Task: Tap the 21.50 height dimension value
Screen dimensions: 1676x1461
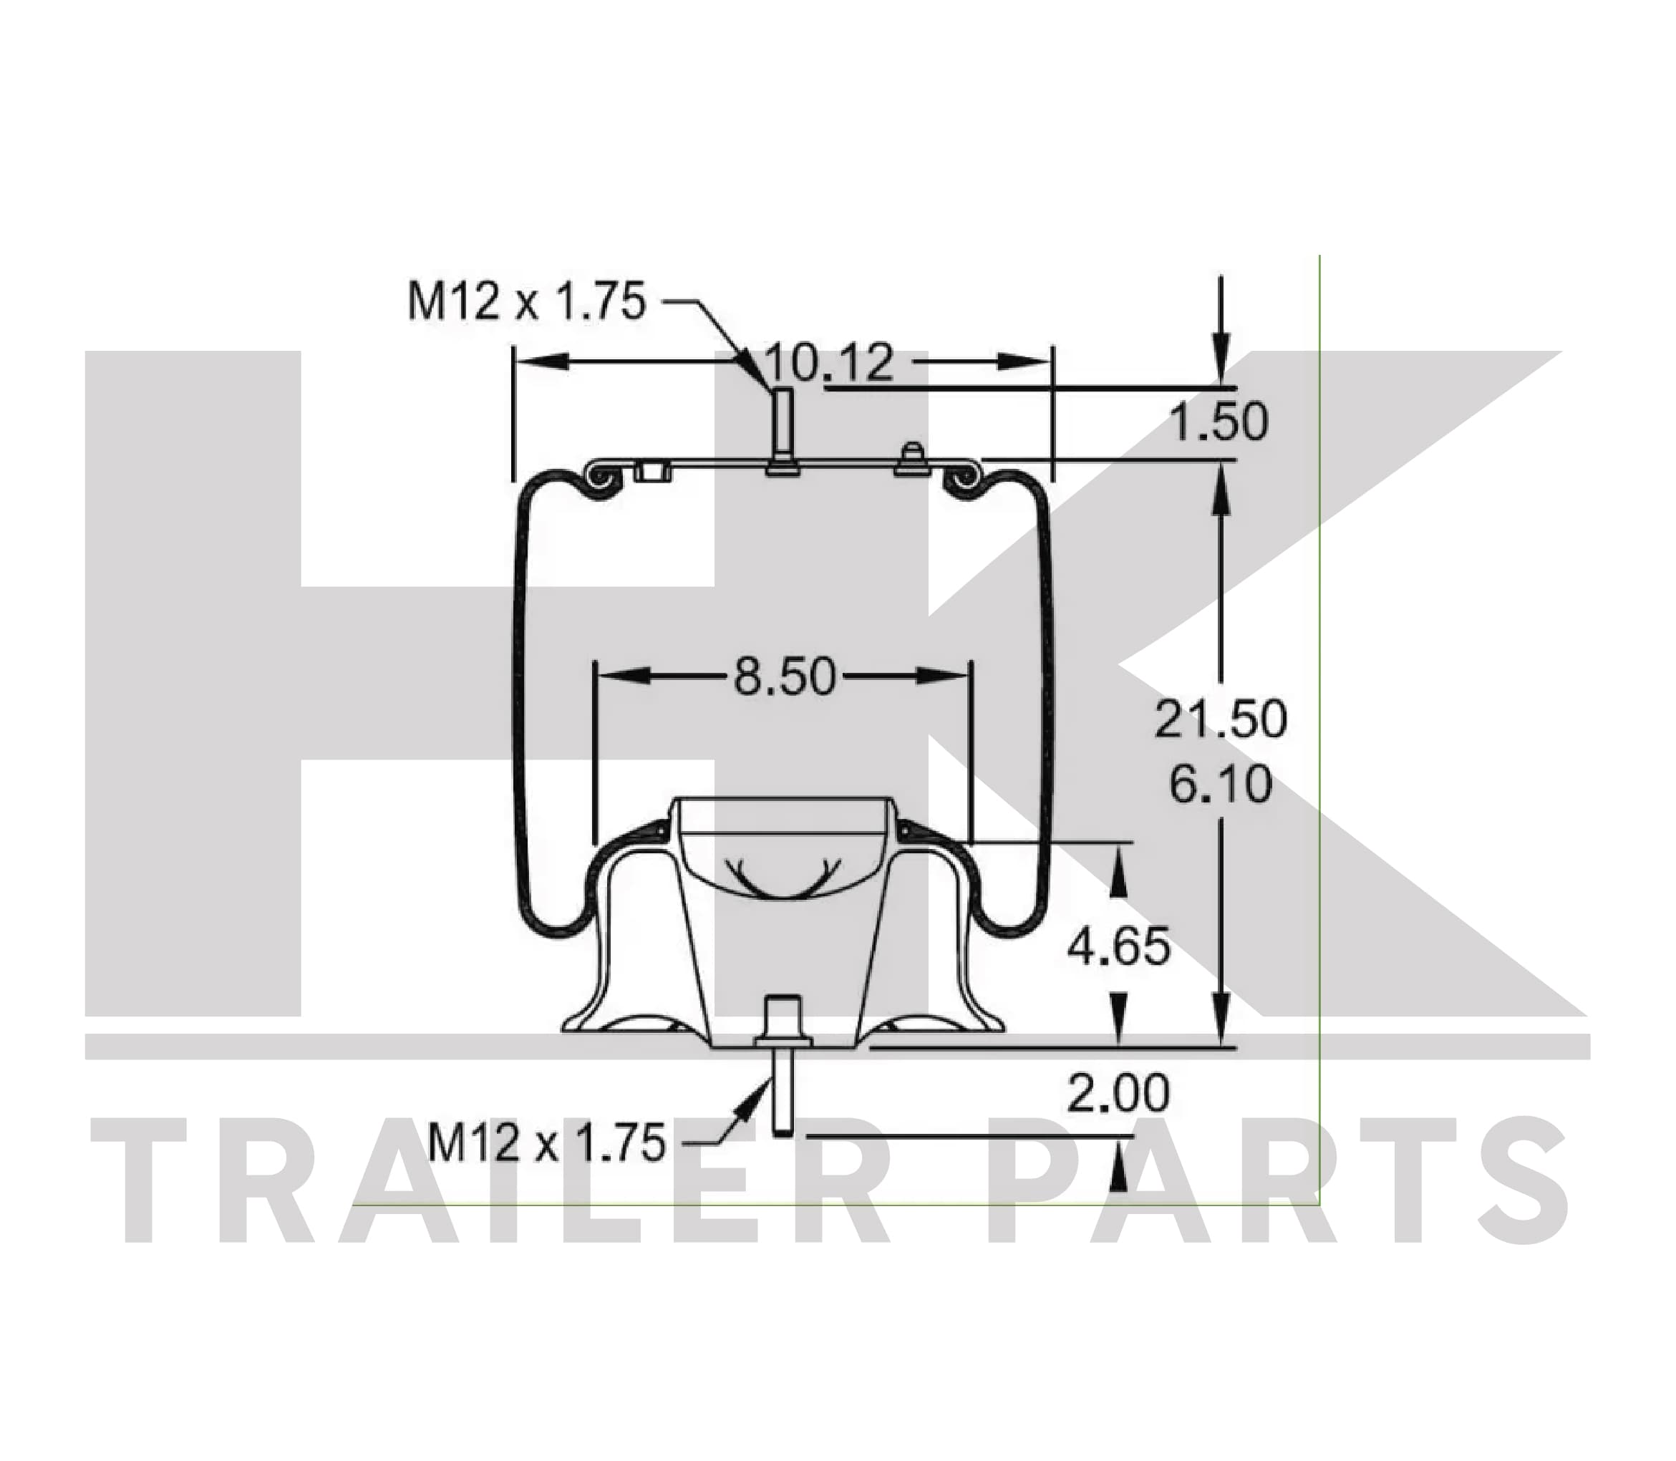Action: click(x=1220, y=719)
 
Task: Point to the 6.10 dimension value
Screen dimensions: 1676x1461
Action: click(x=1220, y=785)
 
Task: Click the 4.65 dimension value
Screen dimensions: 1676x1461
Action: click(x=1119, y=946)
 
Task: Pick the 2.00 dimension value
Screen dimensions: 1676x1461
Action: click(x=1119, y=1093)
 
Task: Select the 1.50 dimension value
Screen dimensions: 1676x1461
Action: click(x=1219, y=422)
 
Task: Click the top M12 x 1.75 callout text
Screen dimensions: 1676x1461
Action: click(x=527, y=301)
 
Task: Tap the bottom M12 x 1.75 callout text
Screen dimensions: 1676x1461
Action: click(x=546, y=1143)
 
